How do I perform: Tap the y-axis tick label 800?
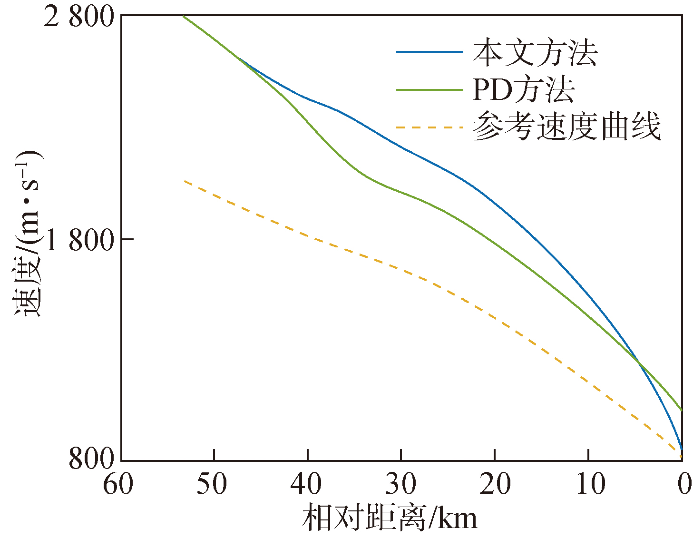[x=91, y=459]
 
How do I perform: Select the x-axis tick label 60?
[x=118, y=485]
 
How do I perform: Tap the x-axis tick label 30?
[x=400, y=485]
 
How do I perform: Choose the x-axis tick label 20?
[x=495, y=485]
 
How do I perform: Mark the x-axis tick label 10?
[x=588, y=485]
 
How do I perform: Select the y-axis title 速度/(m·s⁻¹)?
[x=27, y=233]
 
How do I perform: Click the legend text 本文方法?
[x=535, y=52]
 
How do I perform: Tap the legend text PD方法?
[x=523, y=89]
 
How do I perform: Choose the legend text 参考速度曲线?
[x=566, y=127]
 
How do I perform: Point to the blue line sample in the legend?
[x=429, y=52]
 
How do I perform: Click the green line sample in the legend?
[x=429, y=89]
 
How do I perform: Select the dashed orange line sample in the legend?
[x=429, y=127]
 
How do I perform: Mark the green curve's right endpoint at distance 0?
[x=682, y=410]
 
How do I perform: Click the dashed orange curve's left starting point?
[x=184, y=181]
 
